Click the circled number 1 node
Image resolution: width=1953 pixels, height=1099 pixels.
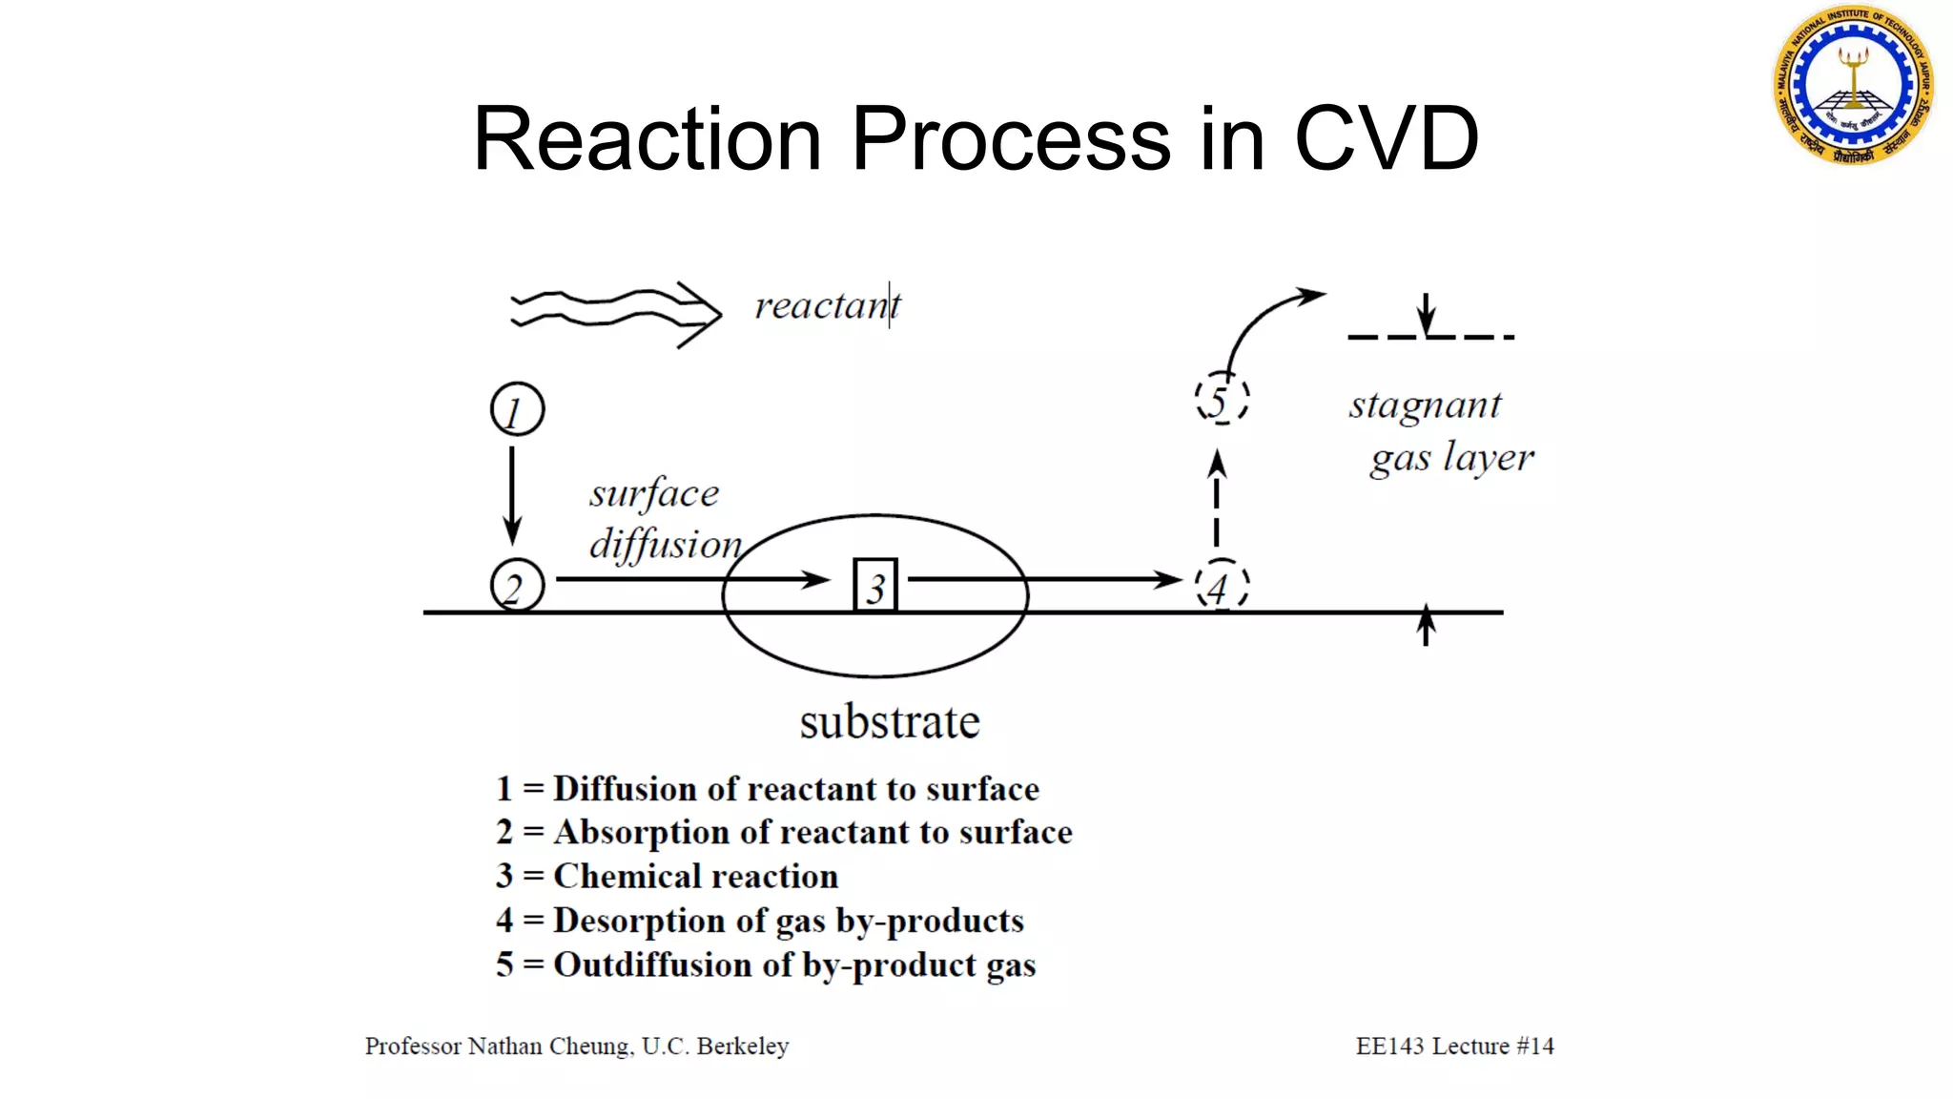point(517,409)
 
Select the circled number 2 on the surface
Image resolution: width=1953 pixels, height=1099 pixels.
point(517,585)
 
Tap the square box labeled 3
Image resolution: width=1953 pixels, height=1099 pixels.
point(874,585)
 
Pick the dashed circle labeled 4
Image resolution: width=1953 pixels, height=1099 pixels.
point(1222,585)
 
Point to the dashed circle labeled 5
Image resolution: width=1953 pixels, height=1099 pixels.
point(1222,399)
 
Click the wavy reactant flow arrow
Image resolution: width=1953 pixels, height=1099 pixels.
point(615,312)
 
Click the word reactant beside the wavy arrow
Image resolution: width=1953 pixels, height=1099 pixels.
point(827,306)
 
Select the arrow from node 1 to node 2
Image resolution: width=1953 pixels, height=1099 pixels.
point(512,494)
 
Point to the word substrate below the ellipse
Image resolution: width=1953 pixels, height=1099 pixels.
point(889,722)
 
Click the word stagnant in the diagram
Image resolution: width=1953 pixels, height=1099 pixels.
point(1425,405)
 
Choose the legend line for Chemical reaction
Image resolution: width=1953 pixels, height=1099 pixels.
point(668,876)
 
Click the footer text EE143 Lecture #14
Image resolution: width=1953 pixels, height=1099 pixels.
point(1454,1046)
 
